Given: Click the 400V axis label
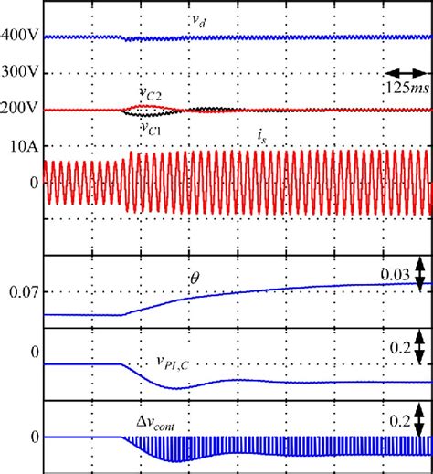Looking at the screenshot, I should pos(20,37).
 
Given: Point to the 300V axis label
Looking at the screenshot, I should pos(20,73).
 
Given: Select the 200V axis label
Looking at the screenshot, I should pos(20,109).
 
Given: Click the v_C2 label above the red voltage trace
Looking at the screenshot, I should pos(151,92).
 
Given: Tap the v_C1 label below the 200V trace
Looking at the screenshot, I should pos(152,129).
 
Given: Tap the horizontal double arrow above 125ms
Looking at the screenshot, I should pos(405,72).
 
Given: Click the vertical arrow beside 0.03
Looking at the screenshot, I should pos(419,272).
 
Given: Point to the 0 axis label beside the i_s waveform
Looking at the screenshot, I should pos(35,182).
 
